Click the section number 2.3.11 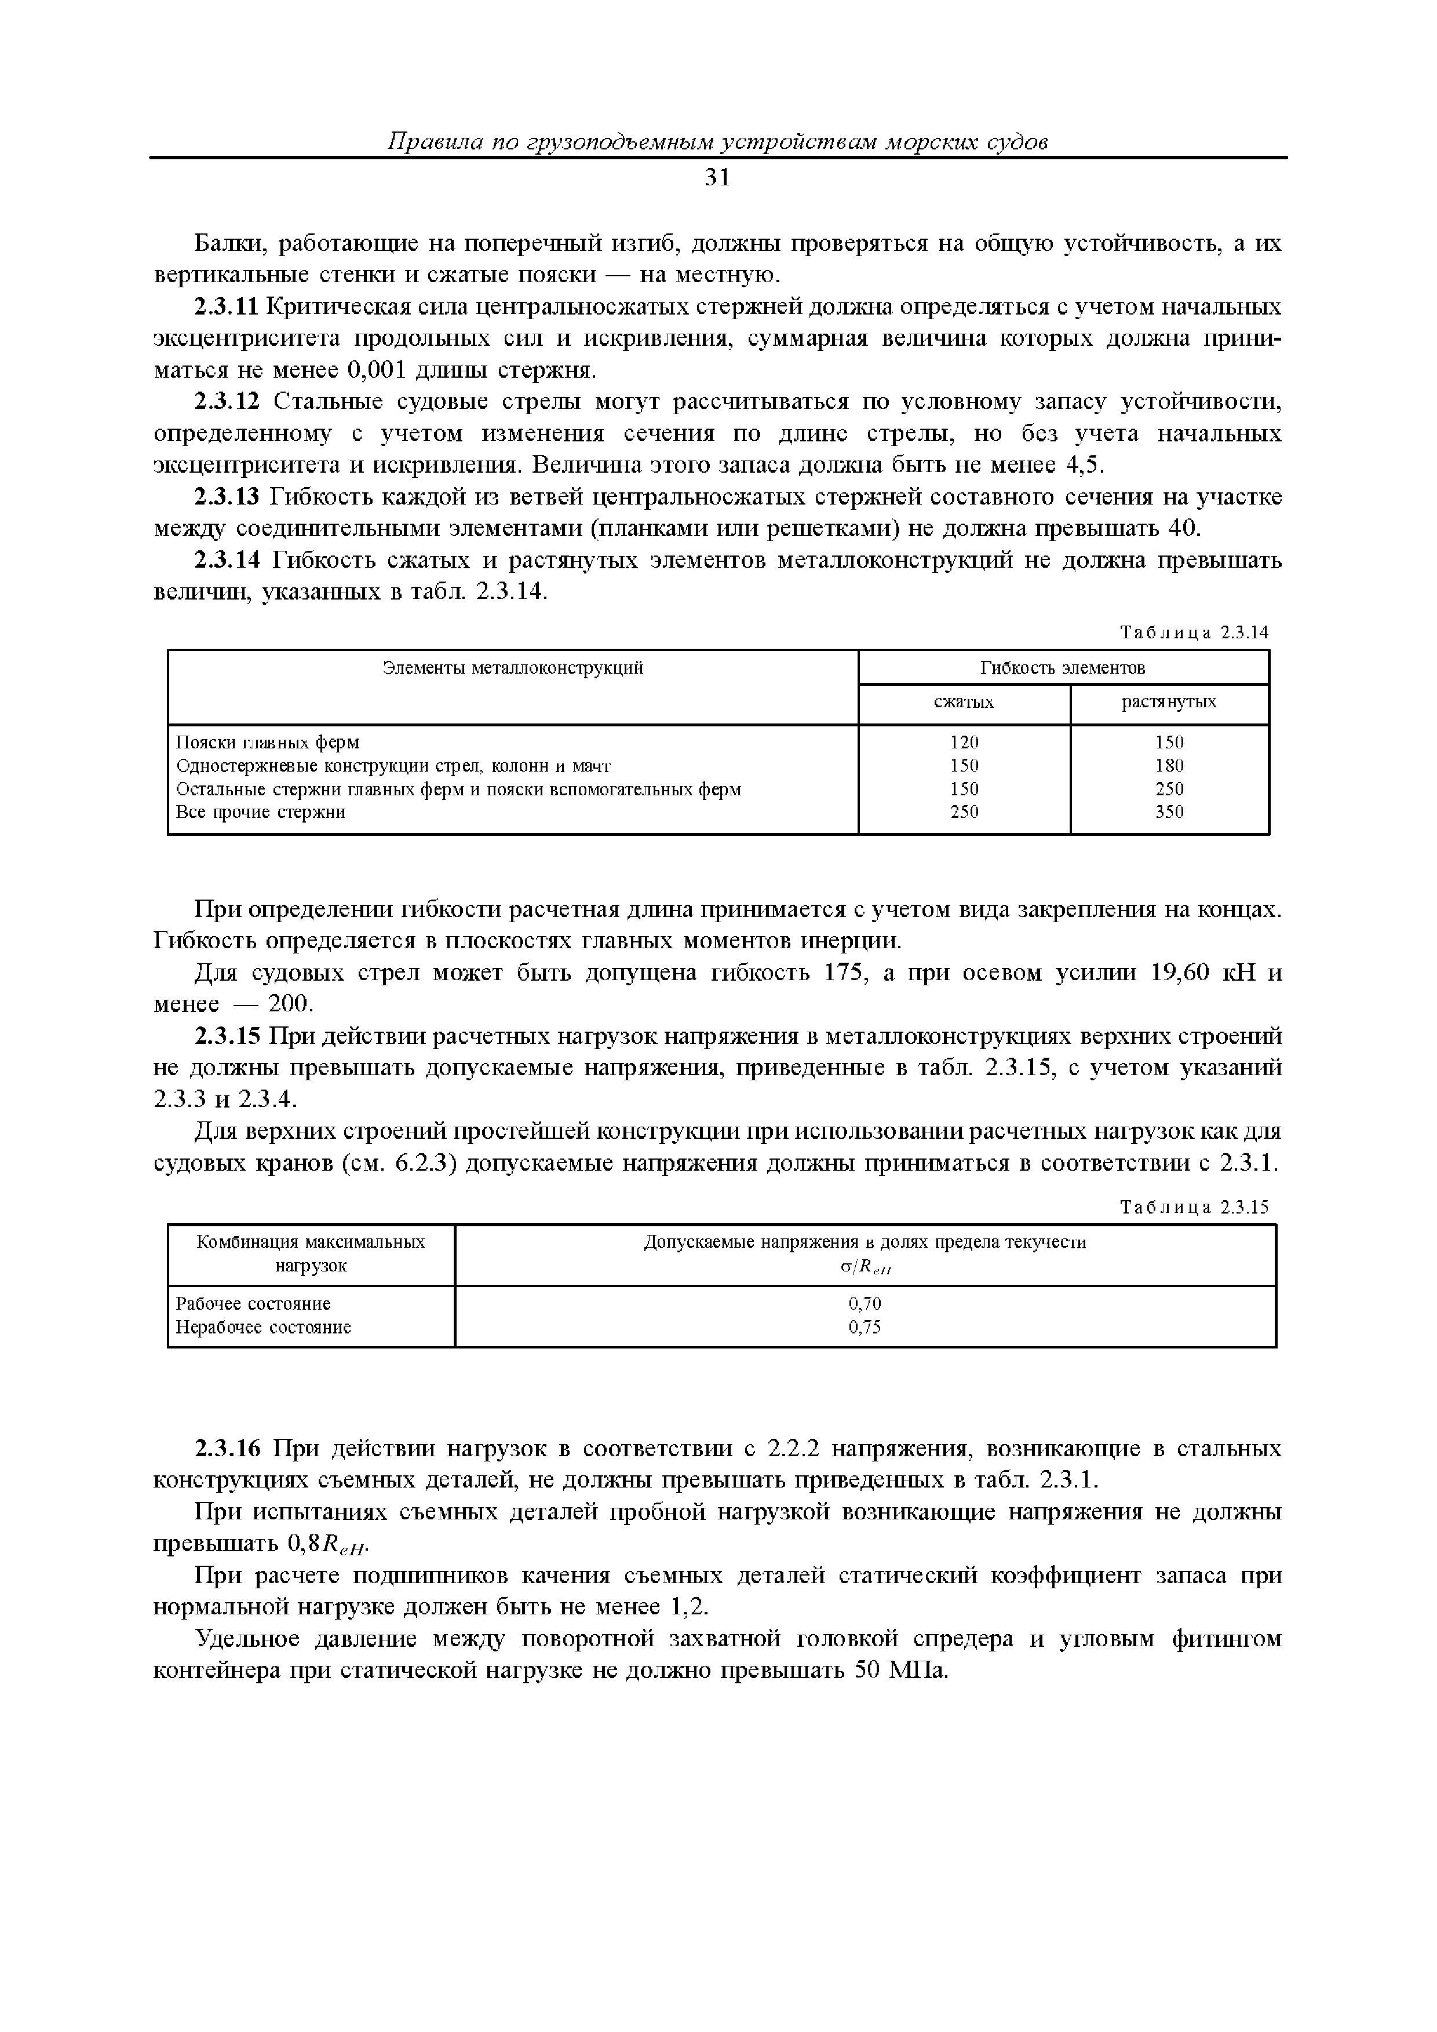pyautogui.click(x=226, y=307)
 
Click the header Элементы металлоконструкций pyautogui.click(x=513, y=668)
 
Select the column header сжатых pyautogui.click(x=964, y=703)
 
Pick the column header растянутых pyautogui.click(x=1169, y=703)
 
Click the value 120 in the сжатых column pyautogui.click(x=964, y=743)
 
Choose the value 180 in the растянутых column pyautogui.click(x=1169, y=766)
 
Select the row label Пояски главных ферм pyautogui.click(x=267, y=743)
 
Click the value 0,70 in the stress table pyautogui.click(x=865, y=1304)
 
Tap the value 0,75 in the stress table pyautogui.click(x=865, y=1328)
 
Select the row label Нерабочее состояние pyautogui.click(x=263, y=1328)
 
